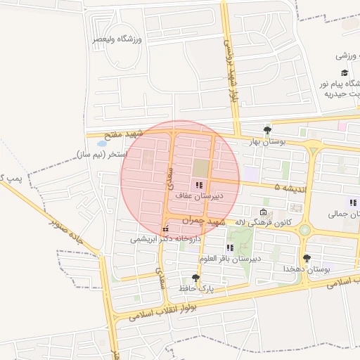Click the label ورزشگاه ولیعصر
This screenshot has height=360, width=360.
tap(117, 39)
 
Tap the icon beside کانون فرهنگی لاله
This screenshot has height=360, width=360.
tap(263, 212)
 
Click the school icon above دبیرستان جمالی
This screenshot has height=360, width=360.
tap(353, 202)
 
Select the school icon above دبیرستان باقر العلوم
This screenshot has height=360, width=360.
tap(230, 247)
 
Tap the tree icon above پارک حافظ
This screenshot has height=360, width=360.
tap(195, 278)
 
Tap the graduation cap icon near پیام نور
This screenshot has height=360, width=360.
tap(345, 72)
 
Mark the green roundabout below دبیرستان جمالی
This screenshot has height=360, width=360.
tap(304, 230)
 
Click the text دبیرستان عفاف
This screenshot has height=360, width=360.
tap(200, 196)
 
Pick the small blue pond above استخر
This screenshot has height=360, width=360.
tap(103, 143)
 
